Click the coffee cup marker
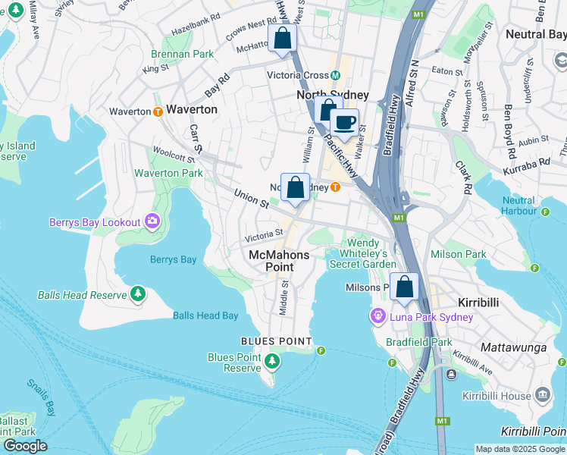[x=345, y=122]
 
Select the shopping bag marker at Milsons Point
[x=405, y=287]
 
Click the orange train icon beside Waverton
[x=158, y=111]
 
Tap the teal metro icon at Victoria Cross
[x=334, y=75]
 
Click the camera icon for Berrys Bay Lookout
[x=152, y=221]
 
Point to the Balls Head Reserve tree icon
[x=137, y=293]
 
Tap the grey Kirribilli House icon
[x=543, y=394]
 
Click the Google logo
[x=25, y=446]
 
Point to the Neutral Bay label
[x=535, y=34]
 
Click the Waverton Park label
[x=168, y=173]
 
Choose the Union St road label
[x=251, y=199]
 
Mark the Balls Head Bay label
[x=205, y=315]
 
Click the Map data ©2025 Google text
[x=520, y=449]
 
